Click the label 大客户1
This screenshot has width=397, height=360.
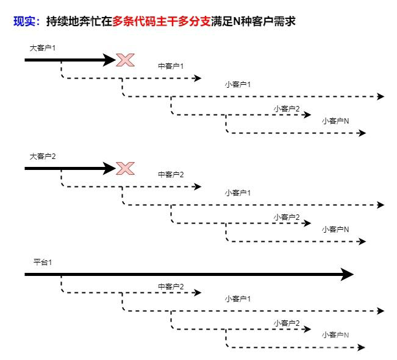(x=43, y=48)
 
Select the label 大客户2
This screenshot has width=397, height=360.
(x=43, y=156)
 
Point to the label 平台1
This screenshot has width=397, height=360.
(x=43, y=262)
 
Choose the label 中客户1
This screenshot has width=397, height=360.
(x=171, y=66)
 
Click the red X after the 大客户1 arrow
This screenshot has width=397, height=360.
(x=125, y=60)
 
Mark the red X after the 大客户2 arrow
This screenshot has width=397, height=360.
(x=125, y=168)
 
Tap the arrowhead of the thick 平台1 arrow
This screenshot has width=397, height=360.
(x=347, y=275)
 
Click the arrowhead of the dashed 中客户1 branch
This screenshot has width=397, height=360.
(x=197, y=78)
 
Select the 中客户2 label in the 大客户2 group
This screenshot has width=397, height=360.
(x=171, y=175)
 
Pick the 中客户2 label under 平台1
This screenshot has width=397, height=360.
(x=171, y=286)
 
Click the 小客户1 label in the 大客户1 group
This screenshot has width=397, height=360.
(x=238, y=84)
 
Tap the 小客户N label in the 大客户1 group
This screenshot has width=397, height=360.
(x=335, y=121)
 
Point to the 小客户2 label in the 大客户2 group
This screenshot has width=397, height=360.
(x=287, y=217)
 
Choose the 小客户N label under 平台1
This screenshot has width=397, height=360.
(x=335, y=335)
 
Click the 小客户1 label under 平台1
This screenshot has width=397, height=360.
(x=238, y=298)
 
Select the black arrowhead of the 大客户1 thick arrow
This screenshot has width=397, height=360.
(x=110, y=60)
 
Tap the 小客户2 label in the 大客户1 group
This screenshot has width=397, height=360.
(x=287, y=108)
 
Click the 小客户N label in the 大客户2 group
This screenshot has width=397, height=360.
(x=335, y=230)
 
